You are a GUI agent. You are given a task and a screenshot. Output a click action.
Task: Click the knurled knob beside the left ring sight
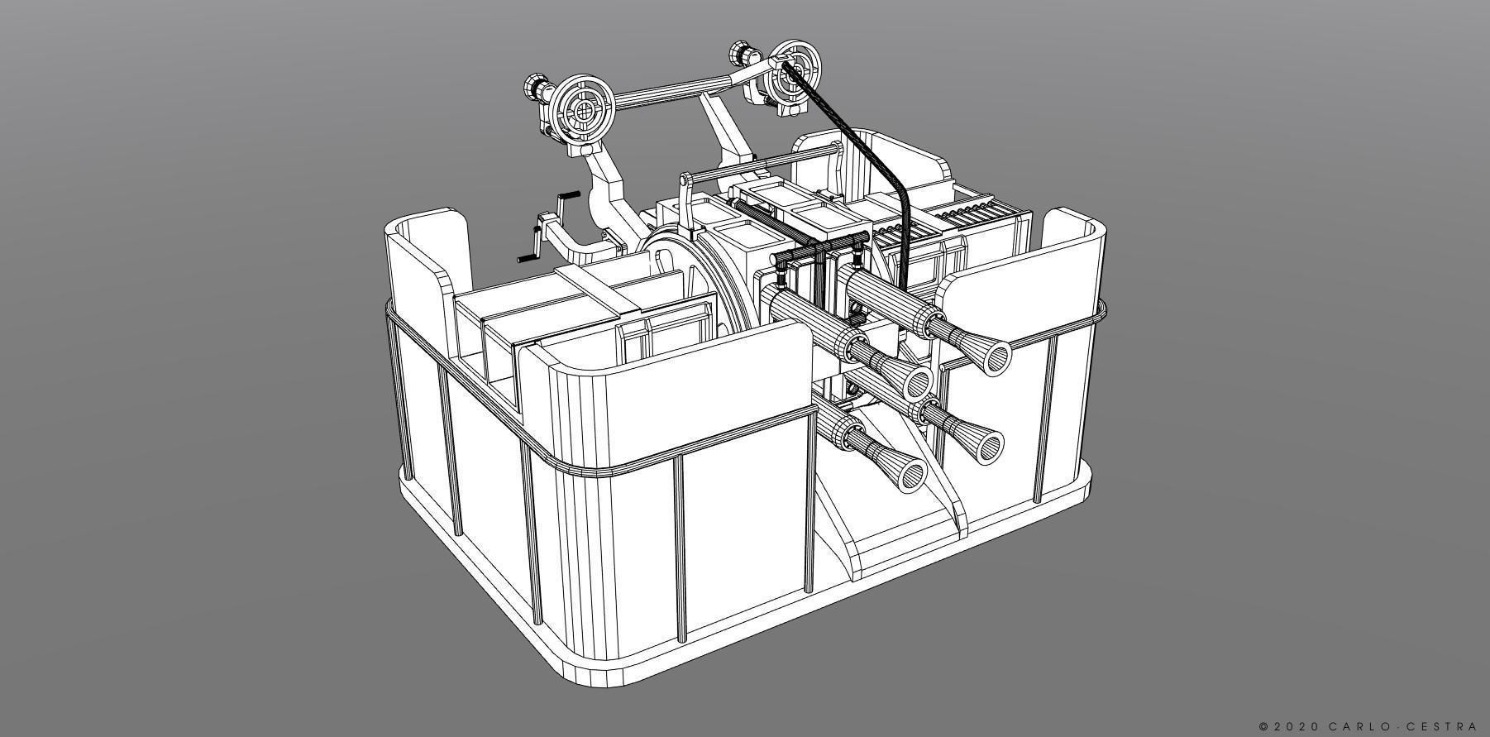point(536,86)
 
